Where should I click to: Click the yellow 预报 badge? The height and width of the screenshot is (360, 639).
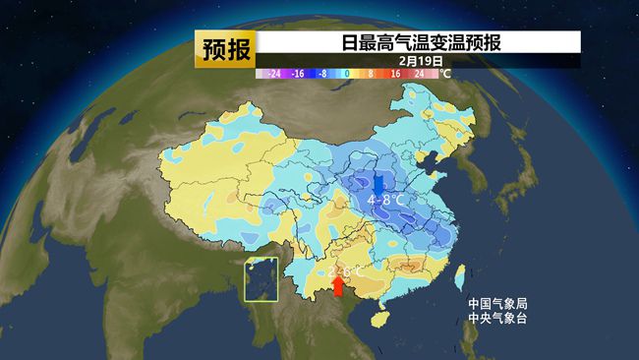tap(225, 48)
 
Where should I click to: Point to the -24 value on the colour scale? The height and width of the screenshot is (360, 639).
tap(274, 73)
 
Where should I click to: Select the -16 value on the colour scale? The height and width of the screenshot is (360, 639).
tap(298, 73)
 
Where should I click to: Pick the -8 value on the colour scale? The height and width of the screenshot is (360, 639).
tap(322, 73)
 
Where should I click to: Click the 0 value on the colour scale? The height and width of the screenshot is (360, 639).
tap(347, 73)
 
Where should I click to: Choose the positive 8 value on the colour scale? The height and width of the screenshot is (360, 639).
tap(371, 73)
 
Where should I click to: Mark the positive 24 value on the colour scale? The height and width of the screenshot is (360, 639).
tap(419, 73)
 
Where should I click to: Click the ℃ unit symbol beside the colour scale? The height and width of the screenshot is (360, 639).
tap(444, 73)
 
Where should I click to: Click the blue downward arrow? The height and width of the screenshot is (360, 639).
tap(379, 183)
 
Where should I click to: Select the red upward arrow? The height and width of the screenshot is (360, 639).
tap(338, 285)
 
